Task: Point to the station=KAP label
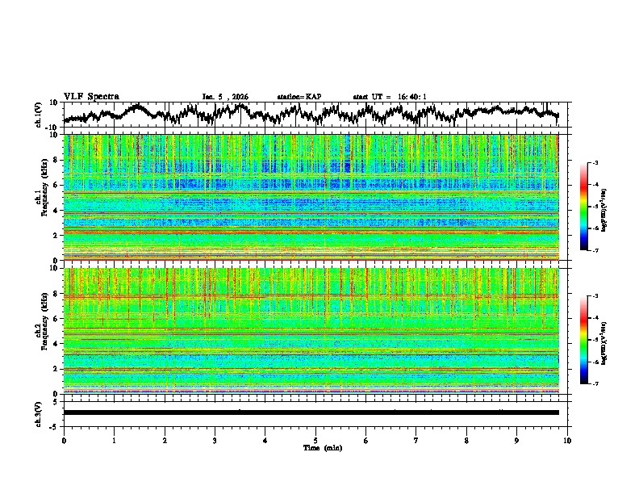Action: (299, 97)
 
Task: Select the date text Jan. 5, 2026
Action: (225, 97)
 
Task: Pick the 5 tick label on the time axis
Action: (315, 439)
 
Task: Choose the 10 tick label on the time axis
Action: (567, 439)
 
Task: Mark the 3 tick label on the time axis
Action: (215, 439)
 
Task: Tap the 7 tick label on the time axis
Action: (416, 439)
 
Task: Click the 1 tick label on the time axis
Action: (114, 439)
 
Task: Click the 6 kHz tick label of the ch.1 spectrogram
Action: (55, 185)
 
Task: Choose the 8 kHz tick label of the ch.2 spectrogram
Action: (55, 294)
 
